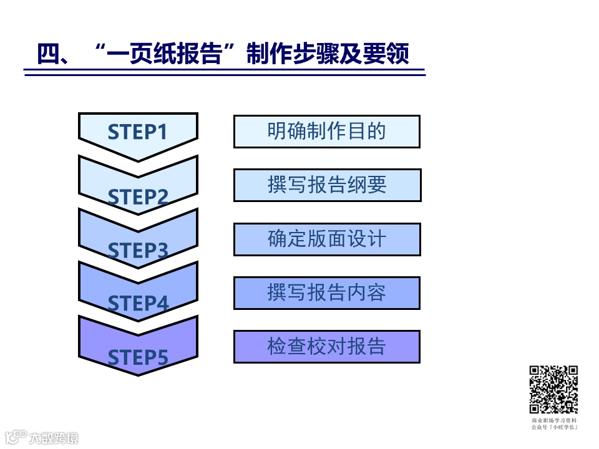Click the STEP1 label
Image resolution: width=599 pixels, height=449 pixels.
click(138, 132)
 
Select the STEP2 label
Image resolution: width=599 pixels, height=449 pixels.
click(138, 197)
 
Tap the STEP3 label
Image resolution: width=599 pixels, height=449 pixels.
click(138, 251)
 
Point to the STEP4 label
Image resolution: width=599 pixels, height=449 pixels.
click(138, 304)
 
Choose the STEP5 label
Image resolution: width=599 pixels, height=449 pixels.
click(138, 357)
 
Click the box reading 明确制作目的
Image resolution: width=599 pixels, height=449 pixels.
click(327, 132)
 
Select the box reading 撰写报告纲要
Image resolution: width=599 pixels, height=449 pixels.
click(327, 185)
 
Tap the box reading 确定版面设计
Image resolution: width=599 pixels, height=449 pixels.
click(327, 239)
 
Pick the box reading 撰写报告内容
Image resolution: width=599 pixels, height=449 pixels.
click(327, 292)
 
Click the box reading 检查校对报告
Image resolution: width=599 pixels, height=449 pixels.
click(327, 346)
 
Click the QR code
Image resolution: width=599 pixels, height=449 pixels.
click(554, 390)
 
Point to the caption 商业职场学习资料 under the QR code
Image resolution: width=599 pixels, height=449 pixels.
click(554, 421)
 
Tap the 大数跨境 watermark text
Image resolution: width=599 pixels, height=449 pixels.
click(54, 438)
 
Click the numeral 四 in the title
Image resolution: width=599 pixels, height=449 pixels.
click(47, 54)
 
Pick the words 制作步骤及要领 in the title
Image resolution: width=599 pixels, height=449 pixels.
click(328, 54)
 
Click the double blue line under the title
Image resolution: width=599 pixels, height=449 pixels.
click(225, 74)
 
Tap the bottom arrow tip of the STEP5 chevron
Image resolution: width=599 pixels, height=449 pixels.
click(138, 374)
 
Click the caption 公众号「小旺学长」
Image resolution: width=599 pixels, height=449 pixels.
click(554, 428)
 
